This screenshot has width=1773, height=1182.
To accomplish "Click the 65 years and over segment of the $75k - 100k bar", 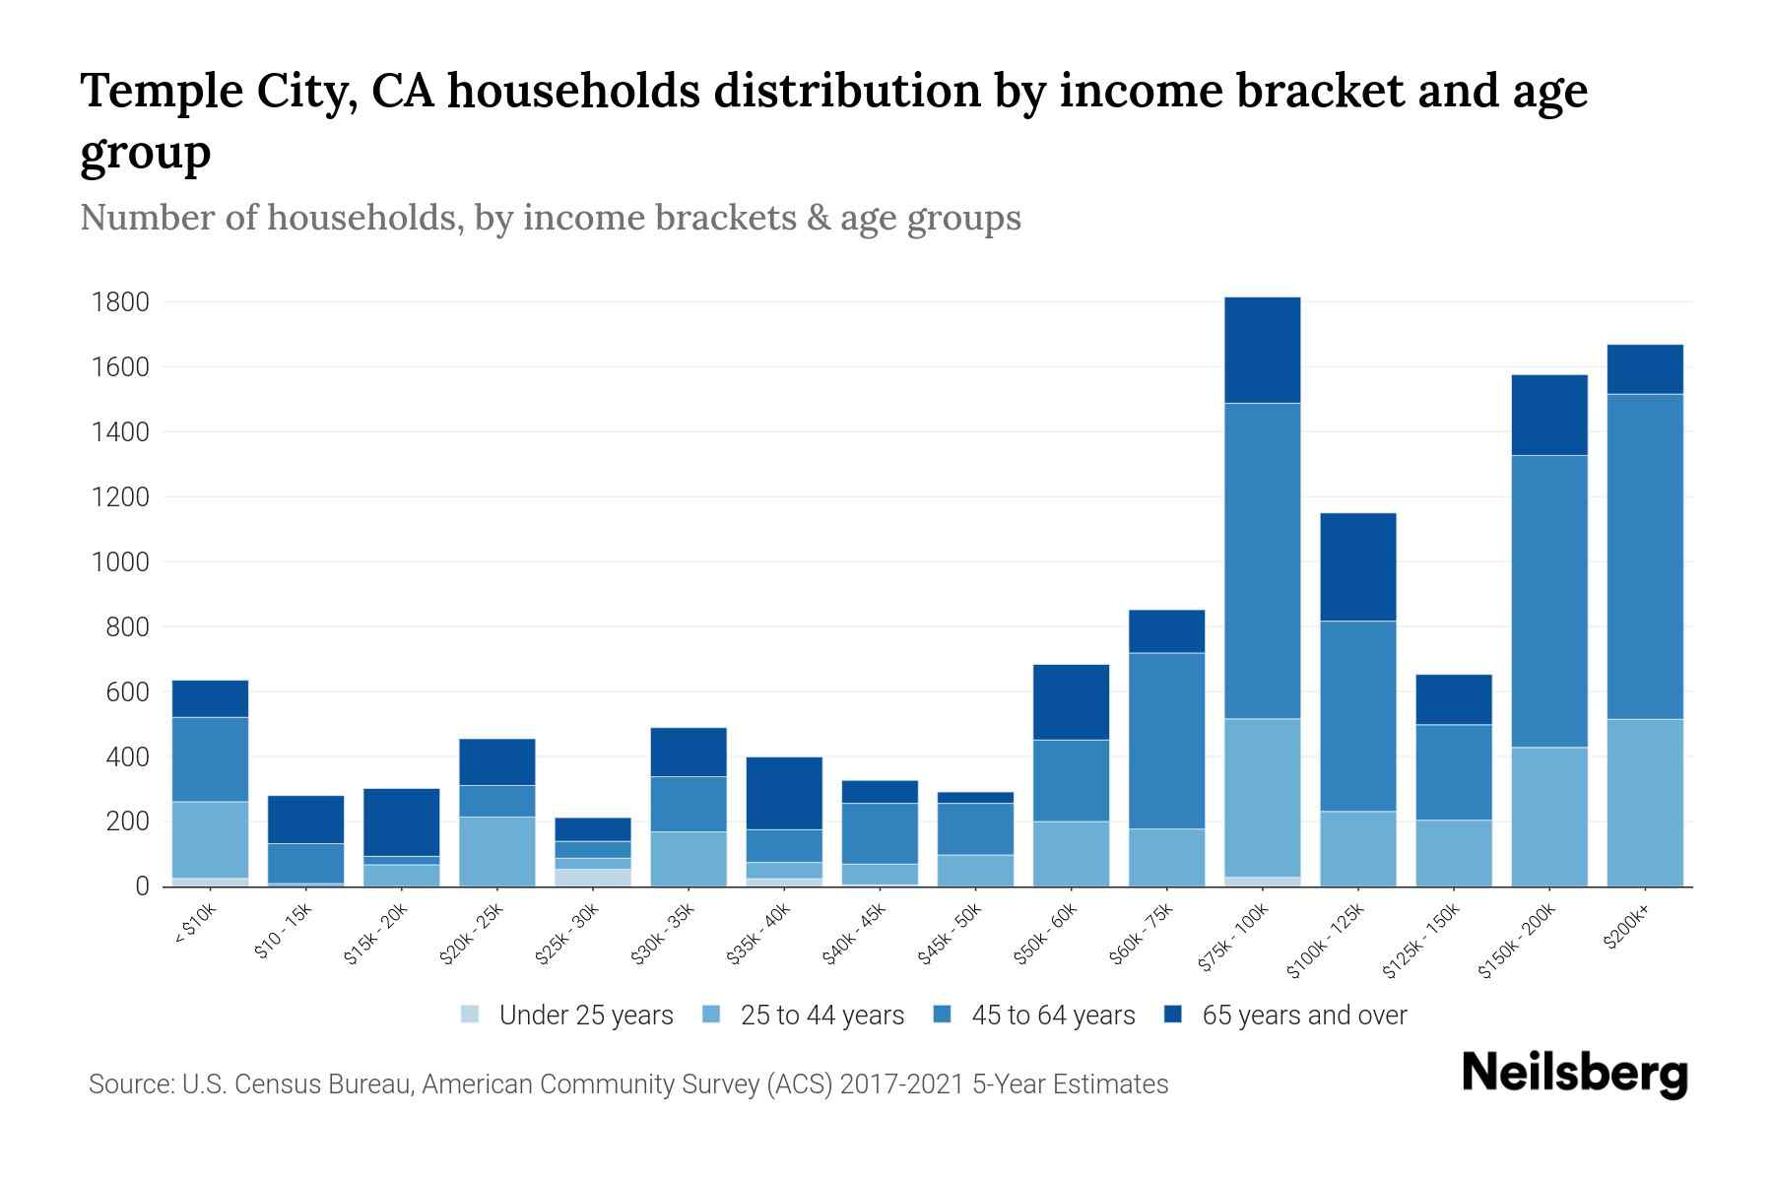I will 1262,350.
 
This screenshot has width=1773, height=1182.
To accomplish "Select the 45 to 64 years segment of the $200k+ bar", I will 1645,557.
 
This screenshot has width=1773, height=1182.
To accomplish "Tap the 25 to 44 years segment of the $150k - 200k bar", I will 1549,817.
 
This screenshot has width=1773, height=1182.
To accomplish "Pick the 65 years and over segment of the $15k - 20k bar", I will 401,821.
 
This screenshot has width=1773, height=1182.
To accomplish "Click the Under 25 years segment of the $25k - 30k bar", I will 593,877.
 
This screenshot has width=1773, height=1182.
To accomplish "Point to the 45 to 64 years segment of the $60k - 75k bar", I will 1166,740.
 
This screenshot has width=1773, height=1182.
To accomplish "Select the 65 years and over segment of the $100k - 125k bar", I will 1357,566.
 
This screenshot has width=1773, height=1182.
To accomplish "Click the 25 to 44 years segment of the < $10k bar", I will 210,839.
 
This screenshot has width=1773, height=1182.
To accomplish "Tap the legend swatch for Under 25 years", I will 471,1014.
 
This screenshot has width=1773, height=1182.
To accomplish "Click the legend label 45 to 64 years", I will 1052,1015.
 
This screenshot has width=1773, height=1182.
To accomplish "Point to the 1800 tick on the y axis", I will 120,302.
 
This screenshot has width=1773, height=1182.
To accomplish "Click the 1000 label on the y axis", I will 120,562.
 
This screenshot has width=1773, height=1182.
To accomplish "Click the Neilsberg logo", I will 1574,1074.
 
